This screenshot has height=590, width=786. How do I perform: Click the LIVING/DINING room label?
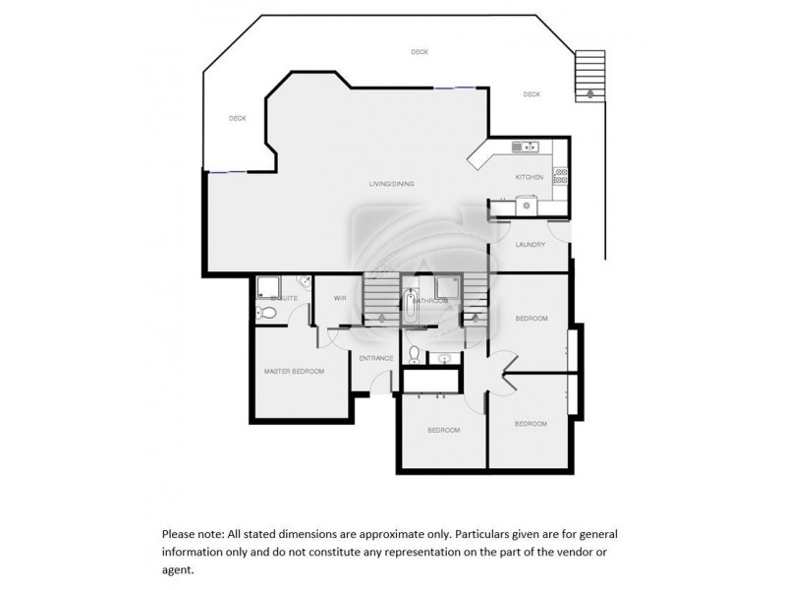pyautogui.click(x=391, y=184)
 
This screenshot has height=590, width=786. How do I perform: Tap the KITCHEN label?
pyautogui.click(x=530, y=177)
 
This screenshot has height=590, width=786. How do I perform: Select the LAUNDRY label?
pyautogui.click(x=530, y=244)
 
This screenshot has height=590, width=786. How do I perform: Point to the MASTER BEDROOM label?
pyautogui.click(x=293, y=371)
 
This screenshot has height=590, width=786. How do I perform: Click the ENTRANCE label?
pyautogui.click(x=375, y=358)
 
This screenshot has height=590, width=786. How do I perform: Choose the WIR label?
pyautogui.click(x=340, y=297)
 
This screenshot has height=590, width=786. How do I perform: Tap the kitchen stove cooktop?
pyautogui.click(x=561, y=177)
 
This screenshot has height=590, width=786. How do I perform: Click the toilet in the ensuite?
pyautogui.click(x=262, y=313)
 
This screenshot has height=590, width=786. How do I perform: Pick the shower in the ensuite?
pyautogui.click(x=266, y=286)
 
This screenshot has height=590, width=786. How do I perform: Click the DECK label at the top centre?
pyautogui.click(x=420, y=52)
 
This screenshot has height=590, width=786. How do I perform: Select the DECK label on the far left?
pyautogui.click(x=237, y=118)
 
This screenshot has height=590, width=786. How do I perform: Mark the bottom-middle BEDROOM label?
pyautogui.click(x=442, y=431)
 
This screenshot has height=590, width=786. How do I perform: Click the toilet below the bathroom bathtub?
pyautogui.click(x=415, y=353)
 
